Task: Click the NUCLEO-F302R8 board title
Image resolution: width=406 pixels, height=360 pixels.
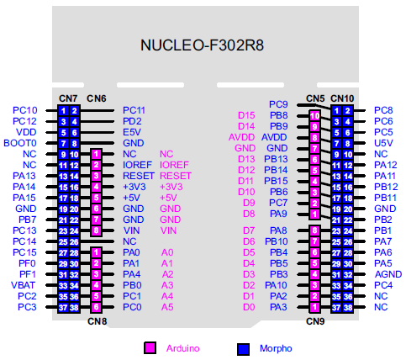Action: click(202, 45)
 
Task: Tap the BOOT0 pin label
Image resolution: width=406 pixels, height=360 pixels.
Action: click(20, 143)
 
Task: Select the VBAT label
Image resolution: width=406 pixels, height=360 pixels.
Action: click(23, 285)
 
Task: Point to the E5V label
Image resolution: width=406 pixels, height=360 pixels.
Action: click(132, 132)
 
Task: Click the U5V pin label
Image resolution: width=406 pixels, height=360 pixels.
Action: click(383, 143)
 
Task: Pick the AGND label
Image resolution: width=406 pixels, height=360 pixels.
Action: click(388, 274)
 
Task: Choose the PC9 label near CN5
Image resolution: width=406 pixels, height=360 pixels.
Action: click(278, 104)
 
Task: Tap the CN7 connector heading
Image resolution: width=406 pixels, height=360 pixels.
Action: click(68, 98)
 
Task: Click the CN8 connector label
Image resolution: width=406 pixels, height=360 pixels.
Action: click(97, 321)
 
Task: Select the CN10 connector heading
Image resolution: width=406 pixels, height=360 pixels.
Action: click(342, 98)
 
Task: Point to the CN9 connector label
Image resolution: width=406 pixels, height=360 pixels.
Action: click(315, 321)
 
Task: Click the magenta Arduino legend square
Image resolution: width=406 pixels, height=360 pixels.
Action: click(150, 348)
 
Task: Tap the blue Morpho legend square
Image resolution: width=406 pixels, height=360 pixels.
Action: click(243, 349)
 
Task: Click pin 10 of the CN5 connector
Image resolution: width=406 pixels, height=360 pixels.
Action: click(315, 116)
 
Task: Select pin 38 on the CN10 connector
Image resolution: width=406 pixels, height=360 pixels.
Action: click(348, 308)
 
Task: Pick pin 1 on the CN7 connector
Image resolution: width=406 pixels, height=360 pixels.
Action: click(63, 111)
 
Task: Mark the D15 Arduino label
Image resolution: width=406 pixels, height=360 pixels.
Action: click(246, 115)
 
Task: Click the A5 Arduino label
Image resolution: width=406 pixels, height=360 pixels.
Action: click(167, 307)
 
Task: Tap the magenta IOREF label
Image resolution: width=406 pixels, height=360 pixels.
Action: click(174, 165)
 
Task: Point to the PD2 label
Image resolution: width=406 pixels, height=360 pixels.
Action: click(132, 121)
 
